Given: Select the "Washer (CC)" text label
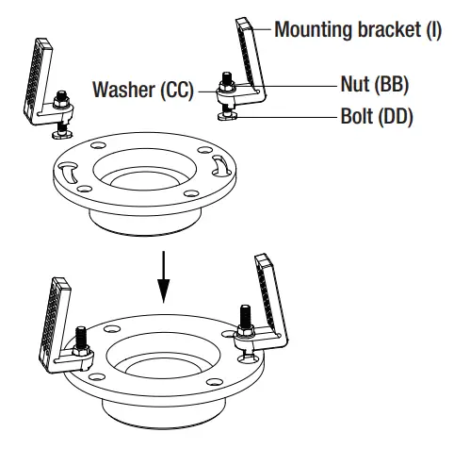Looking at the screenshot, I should [x=142, y=91].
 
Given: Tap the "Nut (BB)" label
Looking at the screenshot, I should [x=376, y=86].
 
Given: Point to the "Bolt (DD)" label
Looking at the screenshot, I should [x=376, y=119].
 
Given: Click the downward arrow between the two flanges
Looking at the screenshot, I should [x=165, y=274].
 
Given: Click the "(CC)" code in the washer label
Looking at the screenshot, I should [x=175, y=91].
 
